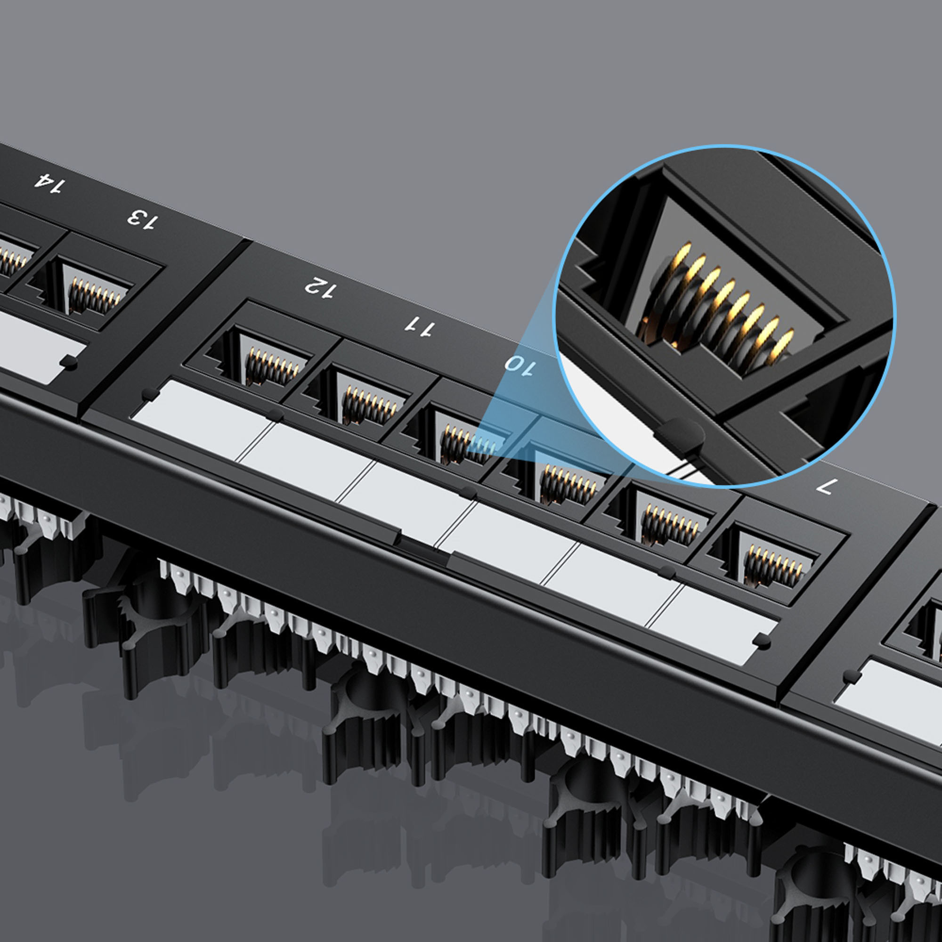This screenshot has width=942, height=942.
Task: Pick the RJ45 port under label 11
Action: click(371, 405)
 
